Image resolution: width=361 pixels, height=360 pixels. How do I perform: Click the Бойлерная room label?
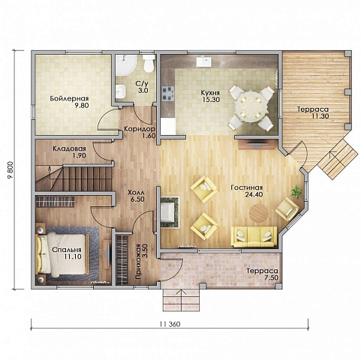click(x=69, y=98)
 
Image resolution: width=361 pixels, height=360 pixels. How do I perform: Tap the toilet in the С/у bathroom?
click(x=149, y=64)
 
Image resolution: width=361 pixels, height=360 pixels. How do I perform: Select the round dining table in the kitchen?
click(x=251, y=107)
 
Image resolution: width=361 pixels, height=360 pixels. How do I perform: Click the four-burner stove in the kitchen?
click(x=167, y=94)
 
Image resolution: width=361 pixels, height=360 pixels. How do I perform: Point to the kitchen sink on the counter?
click(x=203, y=61)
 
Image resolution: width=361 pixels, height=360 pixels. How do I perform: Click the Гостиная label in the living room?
click(x=247, y=187)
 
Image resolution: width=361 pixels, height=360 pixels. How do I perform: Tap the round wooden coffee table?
click(x=259, y=213)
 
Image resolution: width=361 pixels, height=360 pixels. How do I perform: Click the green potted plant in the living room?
click(x=297, y=192)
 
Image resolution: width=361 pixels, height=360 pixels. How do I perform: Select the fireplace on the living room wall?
click(x=170, y=212)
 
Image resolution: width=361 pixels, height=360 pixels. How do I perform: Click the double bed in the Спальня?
click(x=62, y=254)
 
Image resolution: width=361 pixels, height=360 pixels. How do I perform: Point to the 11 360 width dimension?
click(x=170, y=324)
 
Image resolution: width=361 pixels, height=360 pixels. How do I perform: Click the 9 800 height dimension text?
click(x=11, y=170)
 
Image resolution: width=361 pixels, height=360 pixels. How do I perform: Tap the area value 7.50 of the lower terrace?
click(x=271, y=277)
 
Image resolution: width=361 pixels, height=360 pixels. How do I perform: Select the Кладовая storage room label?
click(x=69, y=148)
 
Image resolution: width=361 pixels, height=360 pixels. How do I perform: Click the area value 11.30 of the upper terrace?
click(x=320, y=116)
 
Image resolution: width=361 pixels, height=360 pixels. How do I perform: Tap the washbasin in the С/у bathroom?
click(x=121, y=91)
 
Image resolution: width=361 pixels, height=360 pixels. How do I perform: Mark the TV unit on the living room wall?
click(x=257, y=144)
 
